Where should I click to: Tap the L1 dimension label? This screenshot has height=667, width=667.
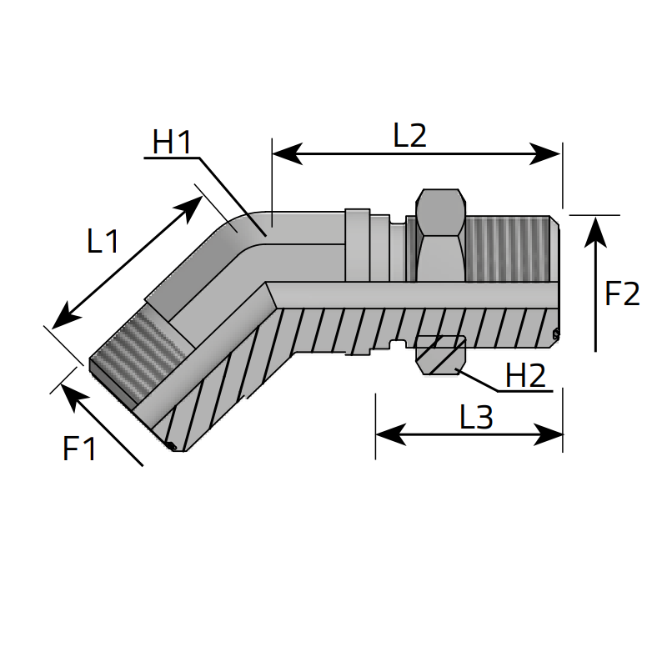click(103, 242)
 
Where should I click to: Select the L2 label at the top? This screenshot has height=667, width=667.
click(409, 136)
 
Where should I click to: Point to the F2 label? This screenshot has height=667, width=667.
click(622, 293)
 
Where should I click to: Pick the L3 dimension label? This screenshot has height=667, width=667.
click(476, 417)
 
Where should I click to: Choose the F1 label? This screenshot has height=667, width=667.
click(80, 449)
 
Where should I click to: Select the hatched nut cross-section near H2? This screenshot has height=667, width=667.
click(439, 354)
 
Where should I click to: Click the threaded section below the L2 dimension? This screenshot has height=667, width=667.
click(510, 248)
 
